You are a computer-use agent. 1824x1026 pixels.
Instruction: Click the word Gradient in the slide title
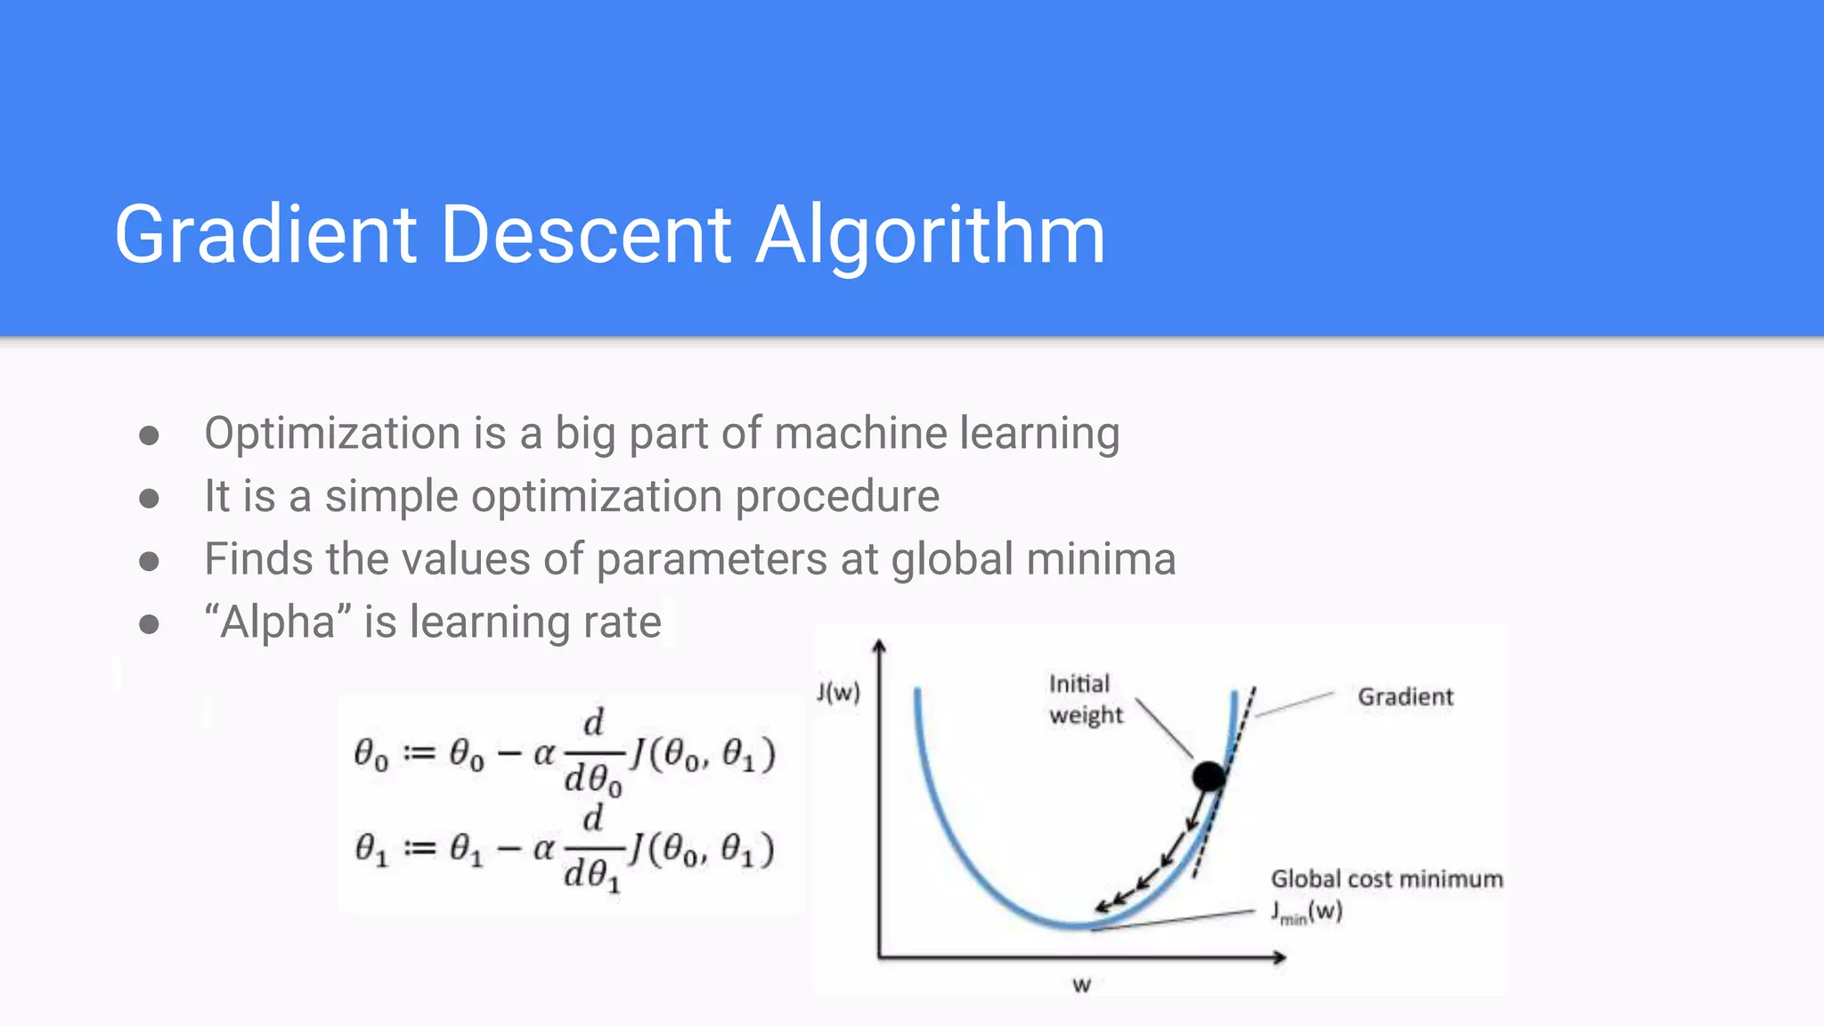point(265,234)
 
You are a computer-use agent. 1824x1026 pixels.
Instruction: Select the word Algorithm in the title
point(931,234)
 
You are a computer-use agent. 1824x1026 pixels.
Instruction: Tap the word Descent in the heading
point(586,234)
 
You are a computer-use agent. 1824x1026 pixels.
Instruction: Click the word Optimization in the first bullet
point(331,434)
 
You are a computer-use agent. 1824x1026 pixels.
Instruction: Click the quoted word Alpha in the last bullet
point(278,622)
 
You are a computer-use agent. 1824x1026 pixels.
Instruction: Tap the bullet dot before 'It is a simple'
point(149,498)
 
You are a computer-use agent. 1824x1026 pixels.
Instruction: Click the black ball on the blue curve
point(1209,777)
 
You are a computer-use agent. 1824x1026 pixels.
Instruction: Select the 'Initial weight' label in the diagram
point(1085,699)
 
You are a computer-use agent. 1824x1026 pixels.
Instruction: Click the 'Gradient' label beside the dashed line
point(1405,696)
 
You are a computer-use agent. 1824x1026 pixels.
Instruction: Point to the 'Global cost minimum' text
point(1386,879)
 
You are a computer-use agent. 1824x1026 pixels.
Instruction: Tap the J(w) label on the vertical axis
point(838,692)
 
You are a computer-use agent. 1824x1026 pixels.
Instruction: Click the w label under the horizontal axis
point(1081,984)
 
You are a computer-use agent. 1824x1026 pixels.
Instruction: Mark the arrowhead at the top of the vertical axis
point(879,646)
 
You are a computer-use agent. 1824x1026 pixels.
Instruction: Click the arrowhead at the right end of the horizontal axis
point(1280,957)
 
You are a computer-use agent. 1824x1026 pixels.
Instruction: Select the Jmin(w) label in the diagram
point(1306,912)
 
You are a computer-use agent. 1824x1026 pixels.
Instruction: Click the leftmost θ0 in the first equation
point(371,754)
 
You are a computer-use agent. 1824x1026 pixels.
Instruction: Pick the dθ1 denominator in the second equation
point(591,875)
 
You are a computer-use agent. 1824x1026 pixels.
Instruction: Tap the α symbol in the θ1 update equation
point(543,848)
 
